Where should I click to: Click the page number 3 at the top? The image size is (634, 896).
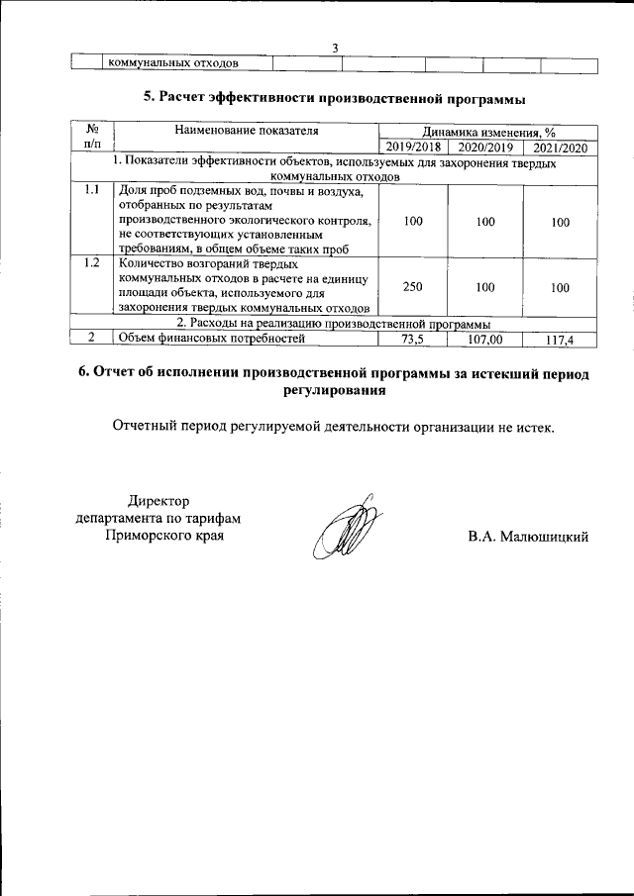click(x=335, y=49)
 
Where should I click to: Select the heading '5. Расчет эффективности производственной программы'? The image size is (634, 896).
click(x=335, y=98)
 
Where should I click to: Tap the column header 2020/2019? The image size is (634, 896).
click(x=484, y=148)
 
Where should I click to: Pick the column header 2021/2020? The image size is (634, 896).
click(x=560, y=148)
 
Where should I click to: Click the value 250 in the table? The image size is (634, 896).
click(x=413, y=286)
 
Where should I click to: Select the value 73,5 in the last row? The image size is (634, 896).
click(x=413, y=340)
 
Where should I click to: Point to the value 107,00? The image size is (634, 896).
click(x=484, y=340)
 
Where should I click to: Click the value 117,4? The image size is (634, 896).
click(x=560, y=341)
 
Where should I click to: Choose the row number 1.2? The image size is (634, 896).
click(x=92, y=264)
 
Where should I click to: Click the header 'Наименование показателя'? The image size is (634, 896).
click(x=247, y=131)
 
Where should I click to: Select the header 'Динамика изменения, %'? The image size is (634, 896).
click(x=488, y=131)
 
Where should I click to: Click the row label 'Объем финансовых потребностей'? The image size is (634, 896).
click(x=209, y=339)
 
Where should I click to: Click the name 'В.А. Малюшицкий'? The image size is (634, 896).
click(x=529, y=537)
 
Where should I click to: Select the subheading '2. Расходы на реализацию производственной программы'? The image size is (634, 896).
click(x=333, y=324)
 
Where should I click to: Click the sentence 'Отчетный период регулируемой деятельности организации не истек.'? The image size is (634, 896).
click(x=335, y=428)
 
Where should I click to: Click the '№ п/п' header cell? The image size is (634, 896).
click(x=92, y=138)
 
